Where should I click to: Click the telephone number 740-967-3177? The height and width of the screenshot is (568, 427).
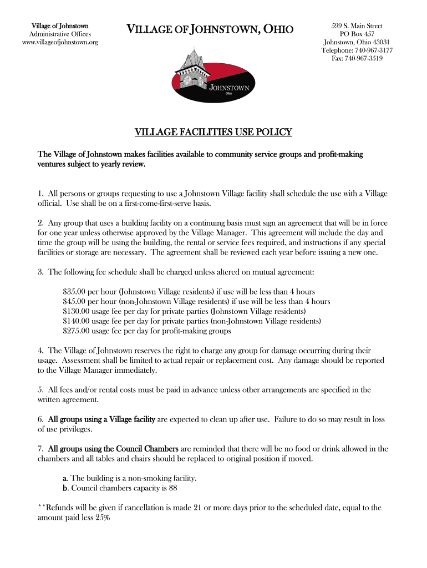[x=373, y=50]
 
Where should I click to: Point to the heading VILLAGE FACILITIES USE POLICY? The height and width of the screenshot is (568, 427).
[x=213, y=132]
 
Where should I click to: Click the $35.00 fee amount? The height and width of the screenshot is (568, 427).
[x=74, y=292]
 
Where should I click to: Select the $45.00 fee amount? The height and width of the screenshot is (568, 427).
[x=74, y=302]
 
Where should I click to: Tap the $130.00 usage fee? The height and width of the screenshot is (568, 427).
[x=76, y=311]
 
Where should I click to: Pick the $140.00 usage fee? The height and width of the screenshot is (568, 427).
[x=76, y=321]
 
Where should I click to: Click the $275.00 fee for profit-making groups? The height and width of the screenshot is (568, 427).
[x=76, y=331]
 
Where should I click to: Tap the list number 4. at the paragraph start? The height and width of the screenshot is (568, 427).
[x=41, y=351]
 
